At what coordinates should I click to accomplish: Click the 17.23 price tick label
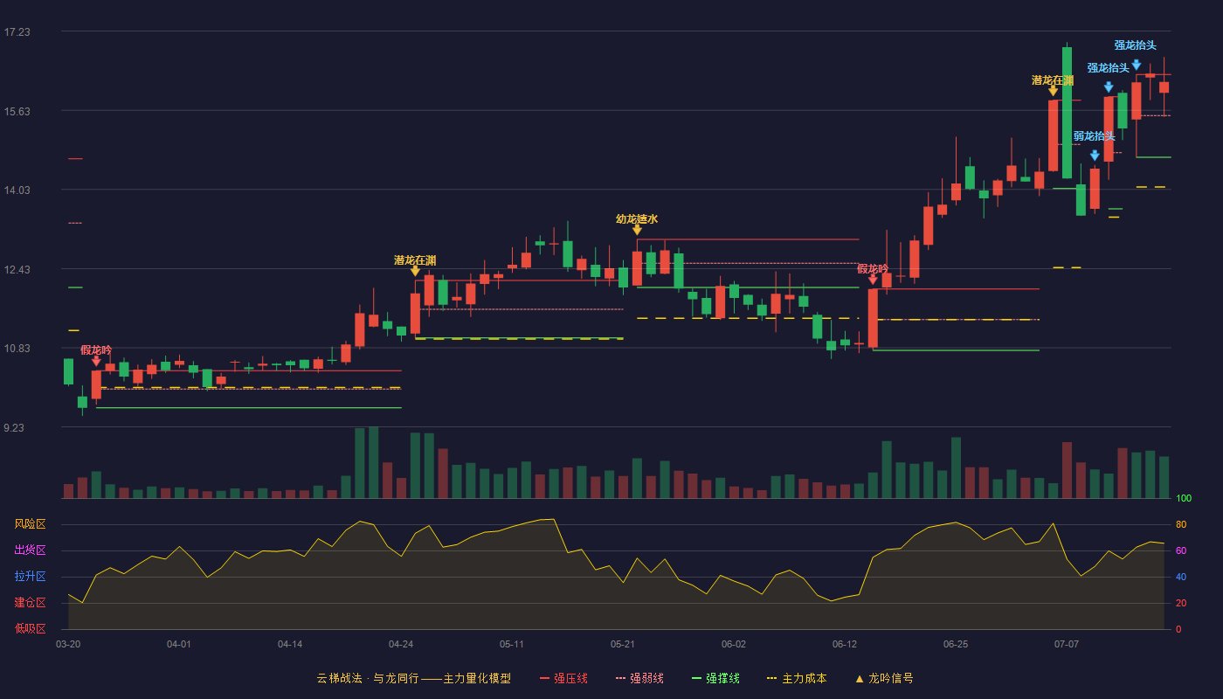(17, 32)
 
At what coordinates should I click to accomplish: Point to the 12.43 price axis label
(17, 270)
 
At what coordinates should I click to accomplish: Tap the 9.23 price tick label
(14, 427)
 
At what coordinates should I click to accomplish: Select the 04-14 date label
(290, 645)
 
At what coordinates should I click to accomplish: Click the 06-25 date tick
(956, 645)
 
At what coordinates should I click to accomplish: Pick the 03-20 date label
(68, 645)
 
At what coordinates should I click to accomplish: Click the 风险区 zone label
(30, 524)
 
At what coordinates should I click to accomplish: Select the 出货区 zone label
(30, 550)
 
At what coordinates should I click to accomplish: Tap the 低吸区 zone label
(30, 628)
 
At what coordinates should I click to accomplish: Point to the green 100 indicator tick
(1184, 498)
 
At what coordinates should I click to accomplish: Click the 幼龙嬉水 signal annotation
(637, 219)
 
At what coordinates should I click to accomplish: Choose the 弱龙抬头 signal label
(1094, 136)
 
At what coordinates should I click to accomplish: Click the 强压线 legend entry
(564, 678)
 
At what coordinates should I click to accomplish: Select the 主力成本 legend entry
(797, 678)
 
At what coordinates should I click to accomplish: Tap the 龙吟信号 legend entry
(884, 678)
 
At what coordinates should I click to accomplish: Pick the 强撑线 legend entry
(715, 678)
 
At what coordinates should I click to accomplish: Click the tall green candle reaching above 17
(1067, 112)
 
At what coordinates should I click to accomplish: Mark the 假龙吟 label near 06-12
(873, 269)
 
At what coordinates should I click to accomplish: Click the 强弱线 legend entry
(639, 678)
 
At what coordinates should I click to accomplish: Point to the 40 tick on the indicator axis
(1181, 577)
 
